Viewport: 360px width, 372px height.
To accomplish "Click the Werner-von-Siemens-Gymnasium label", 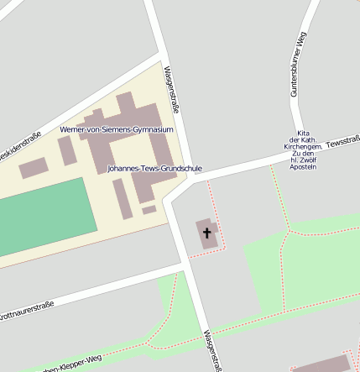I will (x=117, y=129).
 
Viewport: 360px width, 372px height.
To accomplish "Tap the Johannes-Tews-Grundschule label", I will (x=154, y=169).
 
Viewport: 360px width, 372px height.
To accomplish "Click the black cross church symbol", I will (x=207, y=232).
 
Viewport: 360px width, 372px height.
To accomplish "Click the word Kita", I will (x=305, y=134).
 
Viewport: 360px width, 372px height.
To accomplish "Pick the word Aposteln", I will (x=303, y=167).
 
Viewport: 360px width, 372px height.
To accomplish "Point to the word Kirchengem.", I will (x=303, y=147).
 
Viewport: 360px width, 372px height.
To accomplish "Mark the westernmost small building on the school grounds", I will (x=33, y=168).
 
